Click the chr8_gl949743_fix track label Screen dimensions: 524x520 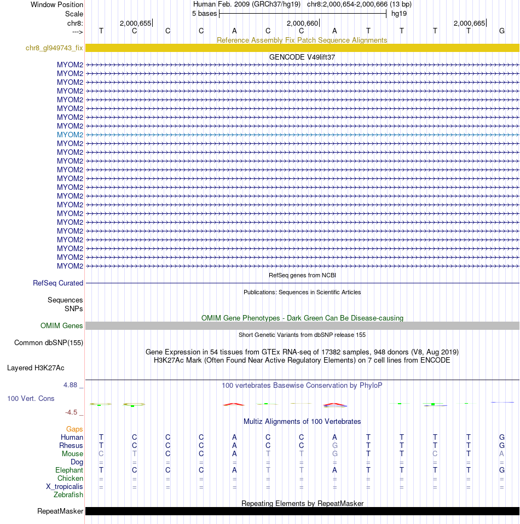coord(54,48)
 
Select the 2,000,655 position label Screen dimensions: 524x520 coord(135,23)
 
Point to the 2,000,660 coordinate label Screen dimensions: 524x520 coord(302,23)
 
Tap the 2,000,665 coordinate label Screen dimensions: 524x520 coord(469,23)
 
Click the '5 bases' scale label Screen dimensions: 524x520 coord(204,14)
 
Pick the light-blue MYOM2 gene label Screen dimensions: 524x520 coord(70,135)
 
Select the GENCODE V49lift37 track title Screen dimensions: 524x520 coord(302,57)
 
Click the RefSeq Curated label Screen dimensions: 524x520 coord(58,283)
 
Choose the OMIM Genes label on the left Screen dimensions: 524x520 coord(62,326)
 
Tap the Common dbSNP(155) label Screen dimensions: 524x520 coord(49,343)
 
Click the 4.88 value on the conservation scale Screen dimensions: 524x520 coord(72,385)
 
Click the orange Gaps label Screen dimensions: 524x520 coord(74,429)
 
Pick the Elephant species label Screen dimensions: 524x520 coord(69,470)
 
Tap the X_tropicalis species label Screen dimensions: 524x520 coord(65,487)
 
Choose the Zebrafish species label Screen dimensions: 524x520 coord(68,495)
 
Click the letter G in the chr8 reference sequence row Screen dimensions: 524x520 coord(502,31)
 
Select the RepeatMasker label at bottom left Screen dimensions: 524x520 coord(60,511)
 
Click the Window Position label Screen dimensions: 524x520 coord(57,5)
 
